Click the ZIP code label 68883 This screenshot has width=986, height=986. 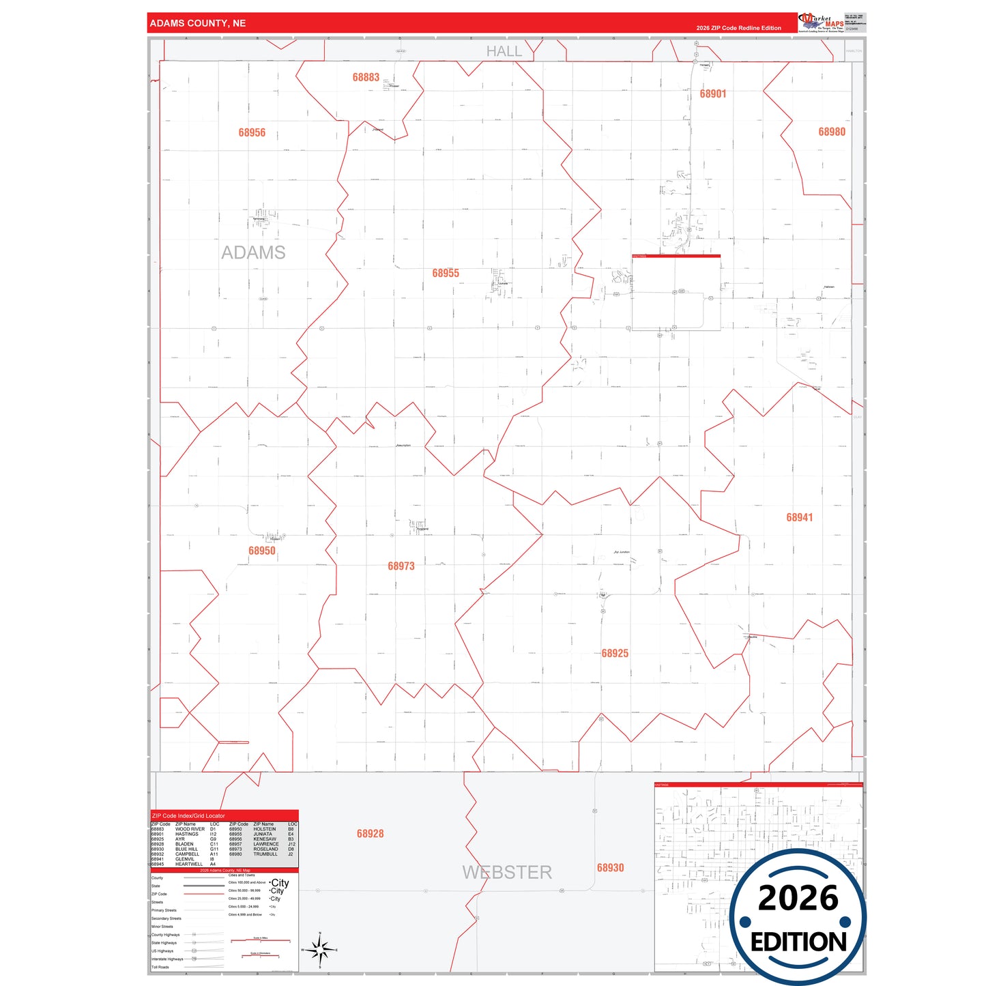366,78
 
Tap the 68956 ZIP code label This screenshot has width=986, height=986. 252,133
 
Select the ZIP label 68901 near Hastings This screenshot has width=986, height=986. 713,94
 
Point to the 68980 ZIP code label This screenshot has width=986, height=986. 832,132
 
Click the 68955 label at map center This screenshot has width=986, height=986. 446,274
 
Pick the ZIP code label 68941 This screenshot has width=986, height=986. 799,518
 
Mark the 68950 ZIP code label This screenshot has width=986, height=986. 262,551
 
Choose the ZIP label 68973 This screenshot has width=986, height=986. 401,566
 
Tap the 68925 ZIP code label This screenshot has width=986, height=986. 615,654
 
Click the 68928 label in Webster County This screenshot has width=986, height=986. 370,834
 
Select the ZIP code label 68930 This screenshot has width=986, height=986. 610,868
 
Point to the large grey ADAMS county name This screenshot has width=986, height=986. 253,253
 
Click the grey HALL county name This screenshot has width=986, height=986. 504,51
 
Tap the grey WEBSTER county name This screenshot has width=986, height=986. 507,873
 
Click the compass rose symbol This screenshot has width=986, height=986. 319,949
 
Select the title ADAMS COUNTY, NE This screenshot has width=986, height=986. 198,23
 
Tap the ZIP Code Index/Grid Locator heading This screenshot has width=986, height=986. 188,816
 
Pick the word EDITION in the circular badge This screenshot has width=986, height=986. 798,942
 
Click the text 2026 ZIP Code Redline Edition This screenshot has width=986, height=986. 738,28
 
